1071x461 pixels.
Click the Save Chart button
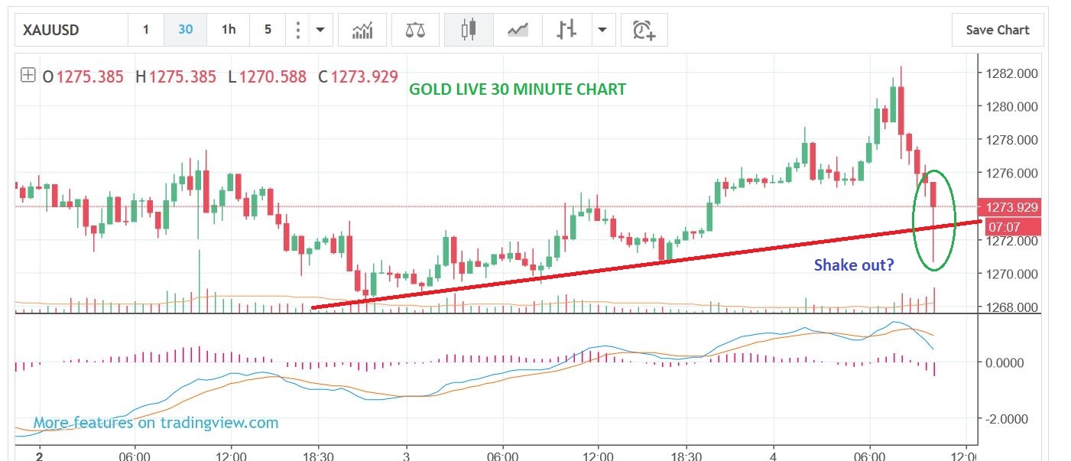pos(997,30)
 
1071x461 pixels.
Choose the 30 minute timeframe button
pos(186,30)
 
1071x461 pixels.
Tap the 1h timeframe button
pos(229,30)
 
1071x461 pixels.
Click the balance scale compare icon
pos(415,31)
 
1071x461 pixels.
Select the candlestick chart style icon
pos(468,31)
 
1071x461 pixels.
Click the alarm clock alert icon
pos(644,31)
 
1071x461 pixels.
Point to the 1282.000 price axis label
pos(1012,73)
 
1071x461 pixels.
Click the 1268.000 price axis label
pos(1012,307)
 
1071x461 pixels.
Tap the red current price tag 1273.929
pos(1012,206)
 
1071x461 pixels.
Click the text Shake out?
pos(854,265)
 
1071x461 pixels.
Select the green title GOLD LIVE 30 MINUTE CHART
pos(518,89)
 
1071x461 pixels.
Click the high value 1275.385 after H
pos(183,76)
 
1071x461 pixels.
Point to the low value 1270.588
pos(272,76)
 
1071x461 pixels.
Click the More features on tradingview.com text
pos(156,423)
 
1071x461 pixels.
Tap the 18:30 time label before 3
pos(318,456)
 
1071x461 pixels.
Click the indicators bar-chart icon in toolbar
pos(362,31)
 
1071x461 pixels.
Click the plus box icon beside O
pos(28,76)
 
